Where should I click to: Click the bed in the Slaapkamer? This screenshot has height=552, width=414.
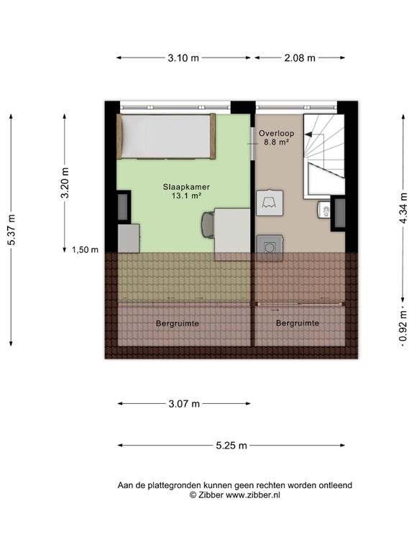click(x=167, y=137)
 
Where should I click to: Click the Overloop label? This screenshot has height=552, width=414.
click(x=274, y=133)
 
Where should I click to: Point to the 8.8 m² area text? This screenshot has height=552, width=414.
click(x=274, y=142)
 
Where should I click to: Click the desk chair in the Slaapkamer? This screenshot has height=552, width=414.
click(x=208, y=224)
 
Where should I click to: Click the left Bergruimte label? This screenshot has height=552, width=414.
click(x=177, y=323)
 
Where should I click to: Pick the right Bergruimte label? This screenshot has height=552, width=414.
click(x=298, y=323)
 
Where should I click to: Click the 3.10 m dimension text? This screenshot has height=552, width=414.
click(x=183, y=58)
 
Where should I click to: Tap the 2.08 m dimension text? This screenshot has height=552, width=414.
click(x=300, y=58)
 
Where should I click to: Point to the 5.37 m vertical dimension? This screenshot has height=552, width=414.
click(x=11, y=231)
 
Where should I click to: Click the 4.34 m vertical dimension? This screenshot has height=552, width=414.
click(x=402, y=209)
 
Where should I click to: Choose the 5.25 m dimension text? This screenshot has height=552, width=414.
click(x=231, y=446)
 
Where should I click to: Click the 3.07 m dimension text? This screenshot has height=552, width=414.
click(x=183, y=404)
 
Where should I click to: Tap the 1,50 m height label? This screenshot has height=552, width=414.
click(x=84, y=249)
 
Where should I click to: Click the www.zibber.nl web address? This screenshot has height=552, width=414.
click(x=254, y=495)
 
